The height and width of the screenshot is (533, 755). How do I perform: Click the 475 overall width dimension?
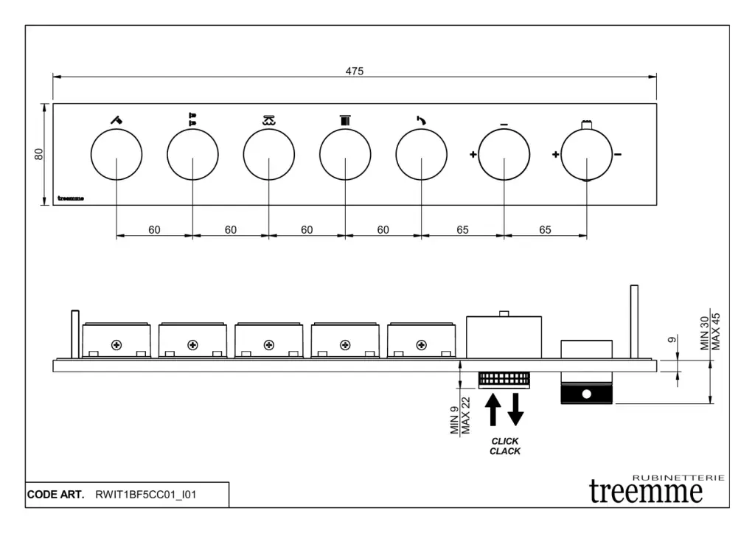[x=355, y=72]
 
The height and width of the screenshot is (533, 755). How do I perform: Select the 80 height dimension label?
[x=39, y=154]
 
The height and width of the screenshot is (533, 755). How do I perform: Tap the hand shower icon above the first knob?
[x=116, y=119]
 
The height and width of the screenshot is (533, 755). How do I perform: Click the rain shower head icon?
[x=268, y=120]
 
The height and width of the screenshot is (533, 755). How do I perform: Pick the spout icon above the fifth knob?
[x=421, y=120]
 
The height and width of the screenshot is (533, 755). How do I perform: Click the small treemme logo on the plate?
[x=71, y=198]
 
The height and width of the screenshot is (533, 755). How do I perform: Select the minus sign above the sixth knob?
[x=504, y=125]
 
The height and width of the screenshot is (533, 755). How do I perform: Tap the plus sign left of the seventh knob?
[x=556, y=155]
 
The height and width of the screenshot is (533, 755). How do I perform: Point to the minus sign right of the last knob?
[x=618, y=155]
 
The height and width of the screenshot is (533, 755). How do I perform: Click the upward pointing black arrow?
[x=493, y=410]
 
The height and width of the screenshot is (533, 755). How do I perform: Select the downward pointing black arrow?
[x=515, y=410]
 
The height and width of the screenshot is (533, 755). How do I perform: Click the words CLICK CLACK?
[x=505, y=446]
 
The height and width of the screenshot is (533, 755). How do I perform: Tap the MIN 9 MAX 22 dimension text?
[x=460, y=415]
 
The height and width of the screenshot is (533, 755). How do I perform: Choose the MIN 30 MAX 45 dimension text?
[x=710, y=332]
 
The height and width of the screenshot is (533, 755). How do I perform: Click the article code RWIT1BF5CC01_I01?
[x=146, y=495]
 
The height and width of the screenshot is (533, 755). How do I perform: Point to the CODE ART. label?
[x=55, y=495]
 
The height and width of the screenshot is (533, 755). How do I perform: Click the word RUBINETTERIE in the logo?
[x=678, y=478]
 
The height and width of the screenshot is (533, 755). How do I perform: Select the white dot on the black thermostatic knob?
[x=586, y=394]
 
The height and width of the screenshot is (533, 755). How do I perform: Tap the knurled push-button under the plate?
[x=504, y=380]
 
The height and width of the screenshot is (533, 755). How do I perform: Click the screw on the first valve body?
[x=116, y=345]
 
